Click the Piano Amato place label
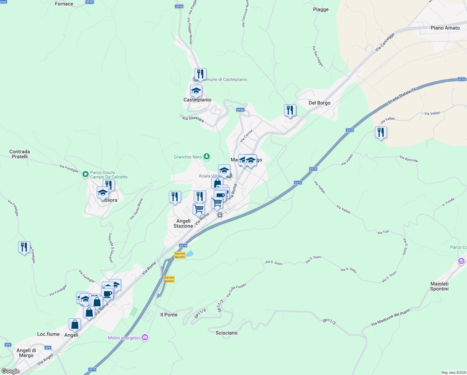(445, 28)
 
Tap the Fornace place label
(64, 4)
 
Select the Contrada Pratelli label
(20, 154)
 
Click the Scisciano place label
(226, 333)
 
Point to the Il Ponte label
(169, 315)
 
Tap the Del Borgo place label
(319, 103)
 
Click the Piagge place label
(321, 9)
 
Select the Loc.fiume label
(48, 334)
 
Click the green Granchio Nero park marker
(206, 156)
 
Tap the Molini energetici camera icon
(145, 337)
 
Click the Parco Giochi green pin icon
(85, 174)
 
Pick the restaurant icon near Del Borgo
(290, 110)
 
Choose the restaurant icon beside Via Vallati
(381, 132)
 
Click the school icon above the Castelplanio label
(196, 91)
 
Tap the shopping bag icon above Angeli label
(75, 324)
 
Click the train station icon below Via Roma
(220, 215)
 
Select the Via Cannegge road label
(385, 42)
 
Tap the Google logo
(11, 371)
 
